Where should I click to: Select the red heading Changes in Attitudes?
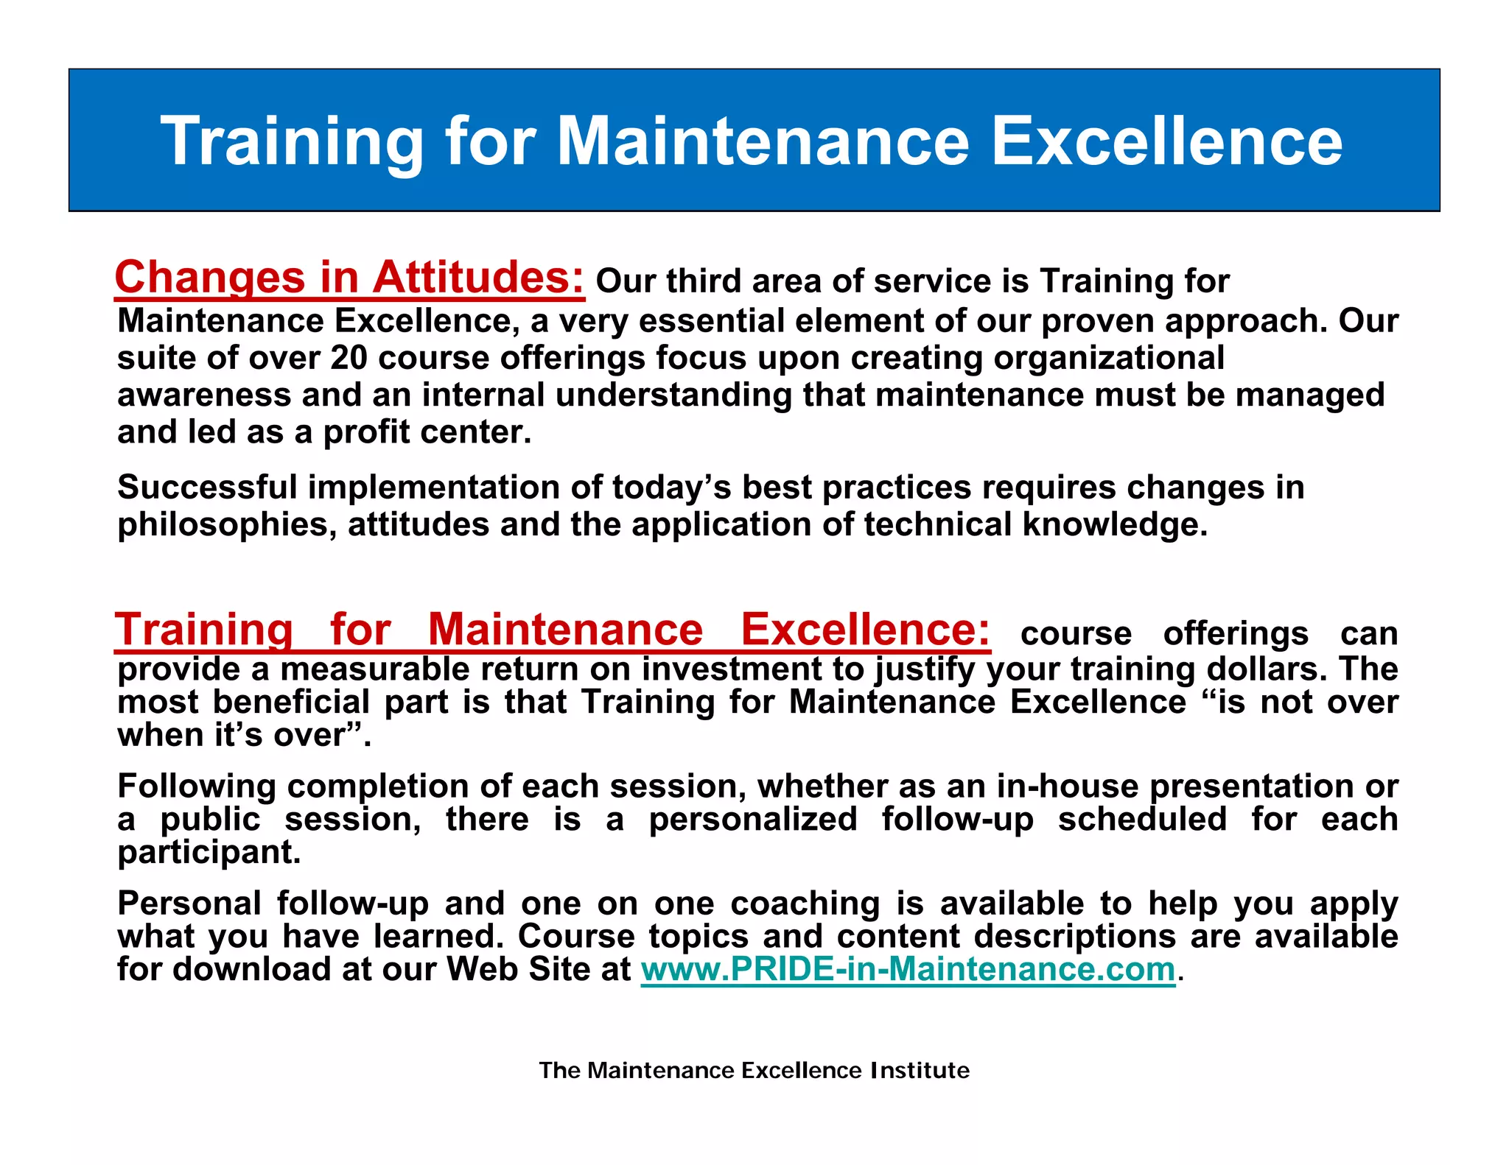click(349, 278)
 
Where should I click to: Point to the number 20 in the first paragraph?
click(349, 358)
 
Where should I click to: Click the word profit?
click(366, 432)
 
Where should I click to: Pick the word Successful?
click(207, 488)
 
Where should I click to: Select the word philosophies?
click(226, 525)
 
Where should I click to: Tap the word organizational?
click(1109, 358)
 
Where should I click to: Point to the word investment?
click(752, 669)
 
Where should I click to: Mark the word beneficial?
click(291, 702)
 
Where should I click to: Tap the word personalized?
click(752, 820)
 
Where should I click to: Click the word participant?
click(209, 853)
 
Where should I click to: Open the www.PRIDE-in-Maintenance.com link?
click(908, 969)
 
